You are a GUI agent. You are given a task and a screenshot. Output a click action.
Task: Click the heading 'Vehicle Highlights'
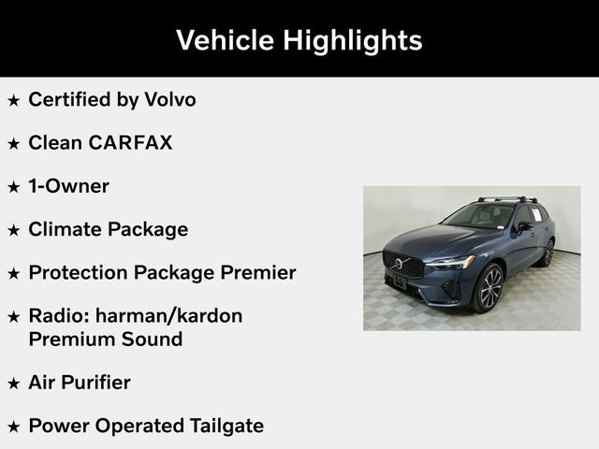tap(299, 40)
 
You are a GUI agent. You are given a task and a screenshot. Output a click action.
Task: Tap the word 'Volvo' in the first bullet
tap(170, 99)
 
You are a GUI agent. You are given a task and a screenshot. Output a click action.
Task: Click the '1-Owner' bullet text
tap(68, 186)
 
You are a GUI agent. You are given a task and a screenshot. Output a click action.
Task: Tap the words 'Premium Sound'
tap(105, 339)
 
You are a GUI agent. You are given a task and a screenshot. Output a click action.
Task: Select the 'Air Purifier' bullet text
tap(80, 383)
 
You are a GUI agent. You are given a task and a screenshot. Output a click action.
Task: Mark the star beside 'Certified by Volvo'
tap(13, 100)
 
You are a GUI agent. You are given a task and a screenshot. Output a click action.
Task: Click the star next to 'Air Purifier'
tap(13, 384)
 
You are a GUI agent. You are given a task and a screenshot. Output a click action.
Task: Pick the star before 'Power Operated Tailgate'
tap(13, 427)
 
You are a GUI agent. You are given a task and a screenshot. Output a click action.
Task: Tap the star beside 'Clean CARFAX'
tap(13, 143)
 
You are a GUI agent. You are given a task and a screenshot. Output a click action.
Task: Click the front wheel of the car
tap(488, 288)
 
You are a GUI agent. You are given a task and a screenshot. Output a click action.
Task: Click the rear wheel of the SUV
tap(548, 252)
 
